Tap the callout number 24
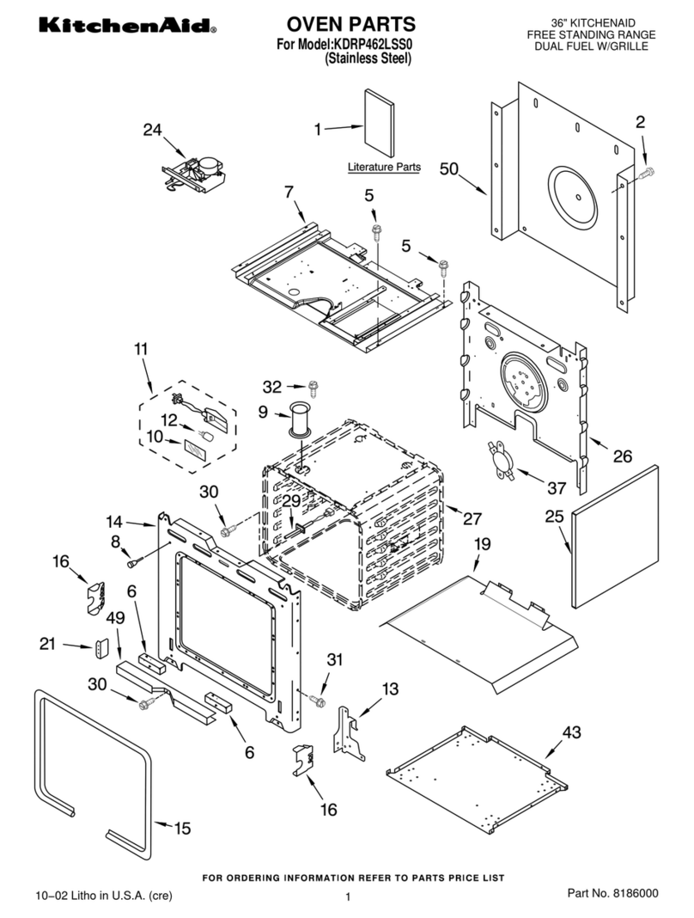click(x=152, y=130)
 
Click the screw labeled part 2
click(x=647, y=174)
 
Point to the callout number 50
click(x=449, y=169)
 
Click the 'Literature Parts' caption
click(x=384, y=167)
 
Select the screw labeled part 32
click(x=314, y=388)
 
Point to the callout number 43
click(x=571, y=732)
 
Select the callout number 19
click(x=482, y=543)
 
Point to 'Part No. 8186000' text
click(x=613, y=894)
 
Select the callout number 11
click(x=141, y=349)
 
